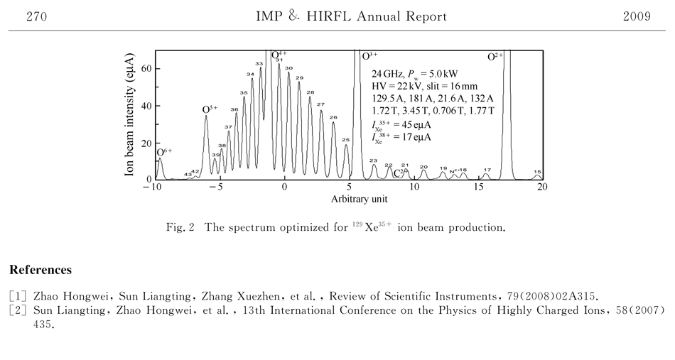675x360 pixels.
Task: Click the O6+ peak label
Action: (164, 151)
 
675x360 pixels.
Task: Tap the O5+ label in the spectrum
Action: (210, 109)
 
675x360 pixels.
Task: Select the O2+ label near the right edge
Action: (495, 56)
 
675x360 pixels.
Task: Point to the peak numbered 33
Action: (259, 64)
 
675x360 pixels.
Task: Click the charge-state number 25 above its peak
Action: (345, 140)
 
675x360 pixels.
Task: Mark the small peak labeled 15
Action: (537, 172)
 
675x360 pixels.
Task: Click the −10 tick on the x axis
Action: (151, 187)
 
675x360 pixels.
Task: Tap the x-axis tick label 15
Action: (478, 187)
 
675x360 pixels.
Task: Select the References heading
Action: (40, 271)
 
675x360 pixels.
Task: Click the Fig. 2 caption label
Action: (180, 229)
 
